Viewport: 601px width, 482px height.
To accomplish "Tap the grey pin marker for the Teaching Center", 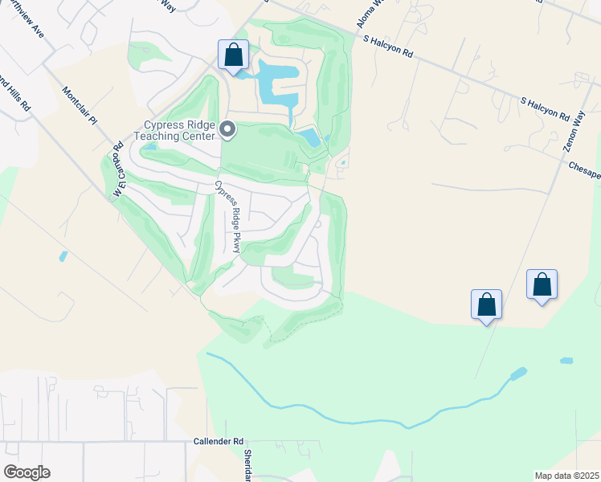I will (227, 129).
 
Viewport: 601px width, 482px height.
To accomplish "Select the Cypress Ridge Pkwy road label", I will (227, 217).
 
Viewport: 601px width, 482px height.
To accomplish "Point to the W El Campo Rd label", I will (118, 170).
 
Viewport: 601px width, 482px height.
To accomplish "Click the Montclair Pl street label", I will (79, 104).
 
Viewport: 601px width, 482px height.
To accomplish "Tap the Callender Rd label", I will (219, 442).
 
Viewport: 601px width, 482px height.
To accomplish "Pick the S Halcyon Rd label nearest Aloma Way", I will (388, 45).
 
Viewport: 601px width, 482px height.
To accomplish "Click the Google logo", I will (27, 472).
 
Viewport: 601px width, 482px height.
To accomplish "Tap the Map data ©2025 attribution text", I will (566, 476).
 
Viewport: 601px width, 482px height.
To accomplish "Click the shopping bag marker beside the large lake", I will (234, 57).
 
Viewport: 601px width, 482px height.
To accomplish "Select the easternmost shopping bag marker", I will (542, 285).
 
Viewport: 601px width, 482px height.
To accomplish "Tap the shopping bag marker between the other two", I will (486, 305).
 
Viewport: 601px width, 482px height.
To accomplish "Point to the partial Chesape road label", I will (584, 170).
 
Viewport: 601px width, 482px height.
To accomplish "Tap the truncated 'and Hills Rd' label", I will (16, 92).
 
